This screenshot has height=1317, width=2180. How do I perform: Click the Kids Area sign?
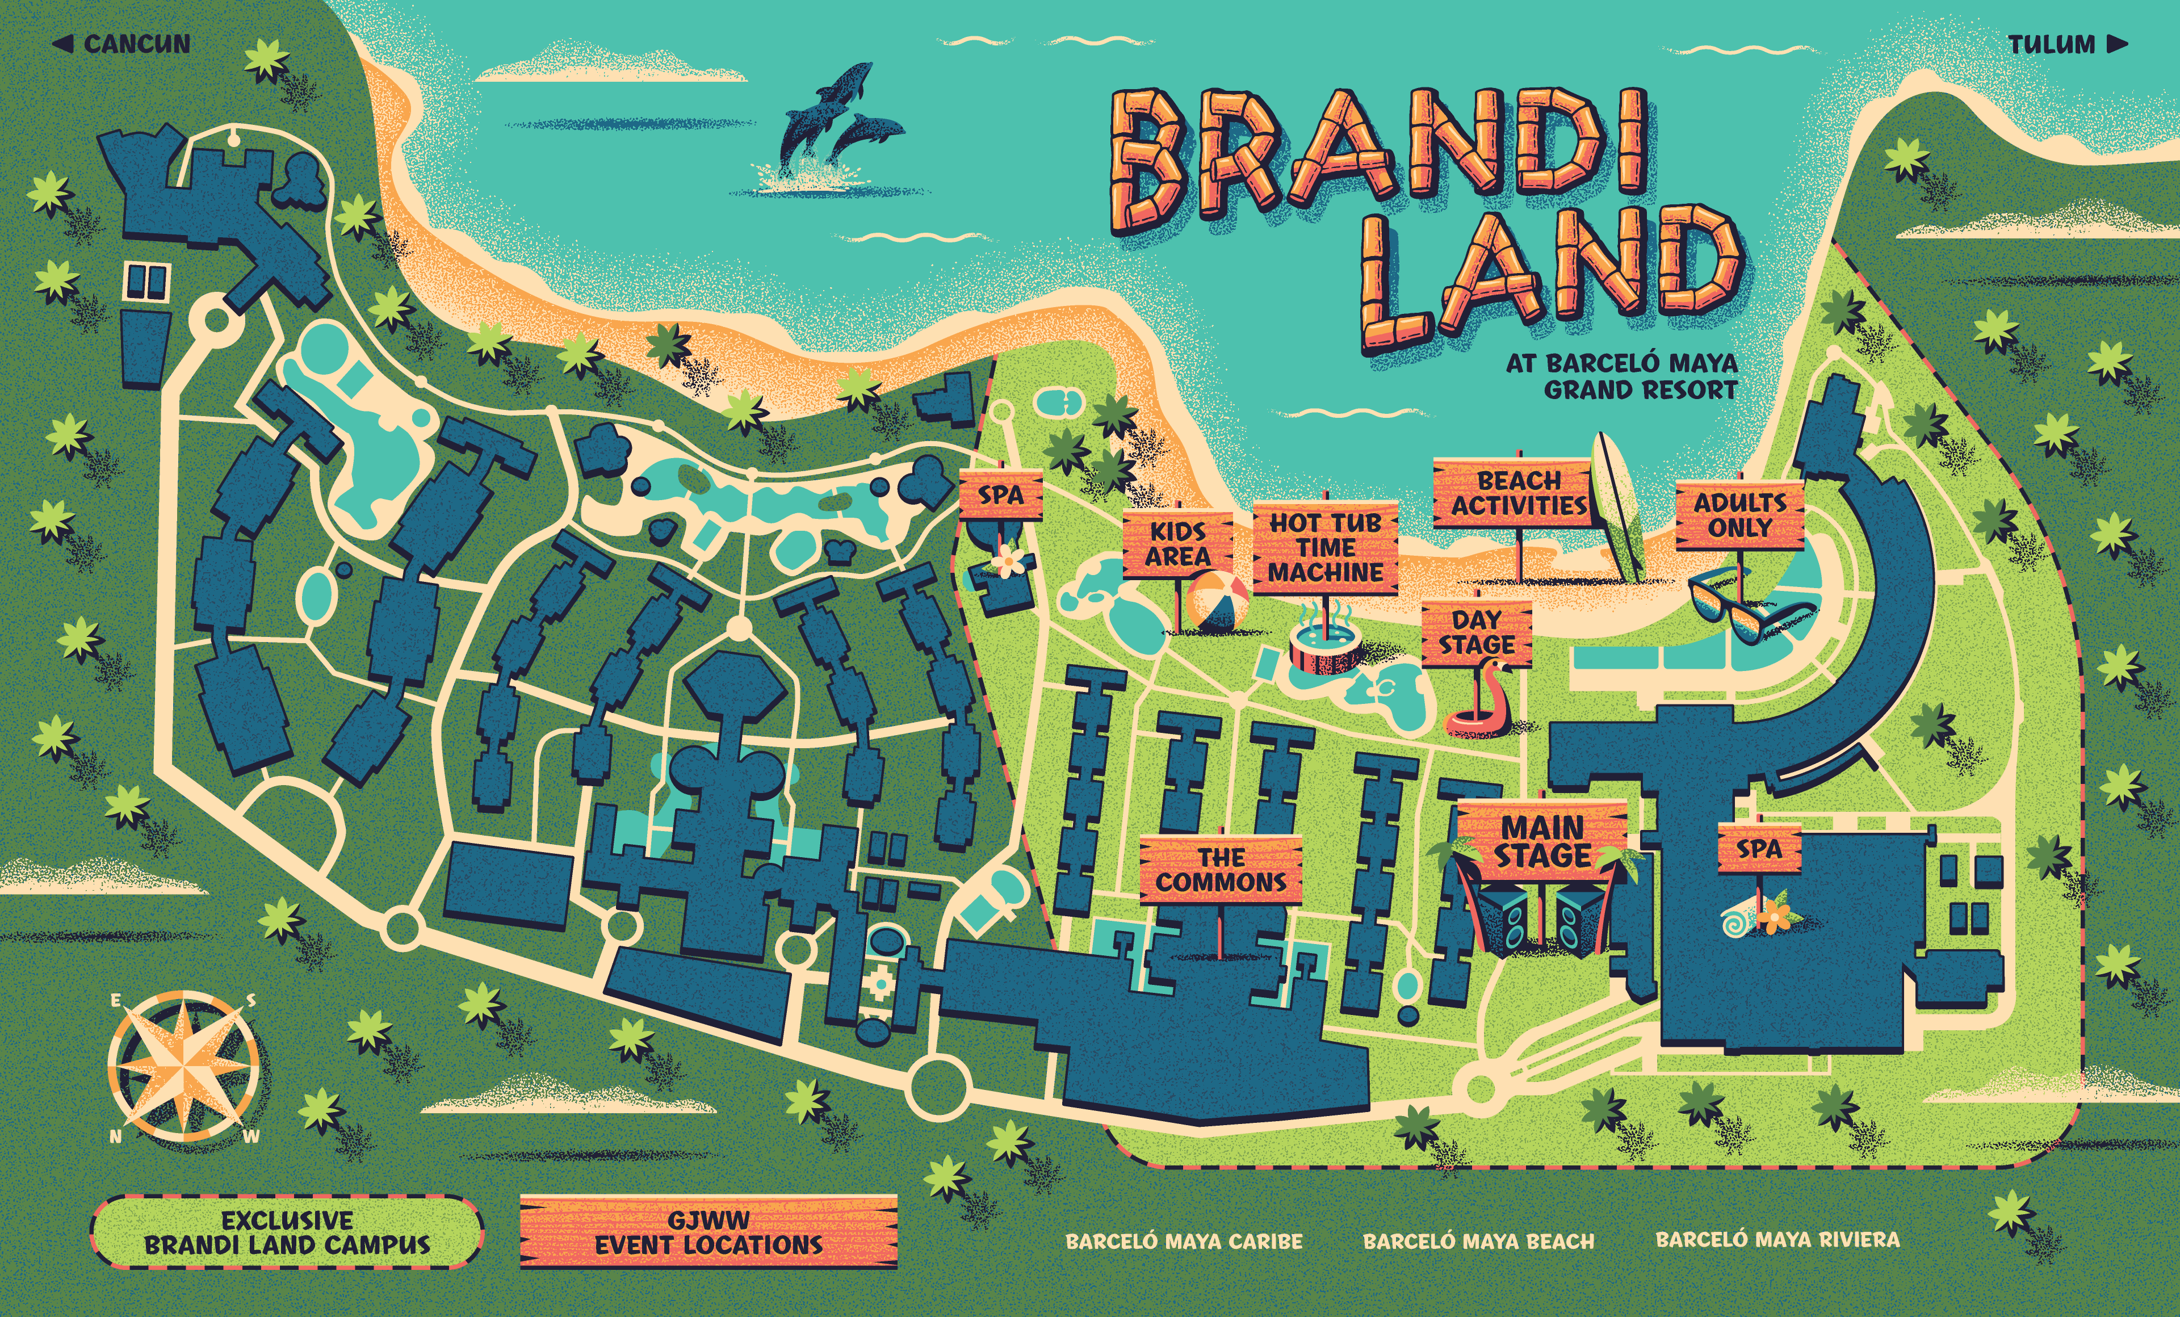coord(1177,544)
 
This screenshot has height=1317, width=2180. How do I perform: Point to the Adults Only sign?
coord(1739,515)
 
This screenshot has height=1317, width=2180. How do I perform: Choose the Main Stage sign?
coord(1542,841)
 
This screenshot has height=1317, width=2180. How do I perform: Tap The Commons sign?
coord(1220,870)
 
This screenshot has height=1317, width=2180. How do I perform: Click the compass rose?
coord(184,1067)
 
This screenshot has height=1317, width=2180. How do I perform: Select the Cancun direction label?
coord(123,44)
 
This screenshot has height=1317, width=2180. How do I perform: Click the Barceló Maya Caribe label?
coord(1184,1241)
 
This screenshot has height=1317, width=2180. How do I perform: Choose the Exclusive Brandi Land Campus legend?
coord(287,1232)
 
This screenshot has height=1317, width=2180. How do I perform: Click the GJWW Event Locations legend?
coord(708,1232)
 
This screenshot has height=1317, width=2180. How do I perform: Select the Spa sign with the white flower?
coord(1001,496)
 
